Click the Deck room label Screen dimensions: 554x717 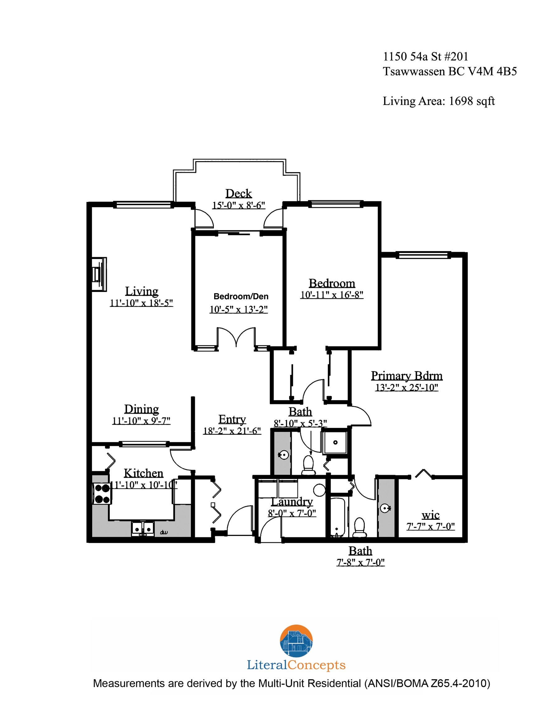point(238,193)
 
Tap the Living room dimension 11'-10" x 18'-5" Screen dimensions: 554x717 point(141,303)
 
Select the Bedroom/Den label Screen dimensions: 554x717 point(241,297)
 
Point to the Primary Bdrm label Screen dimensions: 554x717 point(406,376)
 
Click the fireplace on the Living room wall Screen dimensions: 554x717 point(99,274)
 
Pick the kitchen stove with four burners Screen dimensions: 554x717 point(102,494)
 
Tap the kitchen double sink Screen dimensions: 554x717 point(143,528)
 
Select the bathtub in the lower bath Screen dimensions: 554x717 point(337,518)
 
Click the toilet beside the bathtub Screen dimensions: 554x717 point(359,527)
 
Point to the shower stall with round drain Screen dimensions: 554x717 point(335,443)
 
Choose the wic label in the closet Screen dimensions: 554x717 point(430,515)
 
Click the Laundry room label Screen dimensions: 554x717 point(292,502)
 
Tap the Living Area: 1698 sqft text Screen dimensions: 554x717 point(439,101)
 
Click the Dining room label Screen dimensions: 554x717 point(142,409)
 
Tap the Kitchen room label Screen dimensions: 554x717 point(143,473)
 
